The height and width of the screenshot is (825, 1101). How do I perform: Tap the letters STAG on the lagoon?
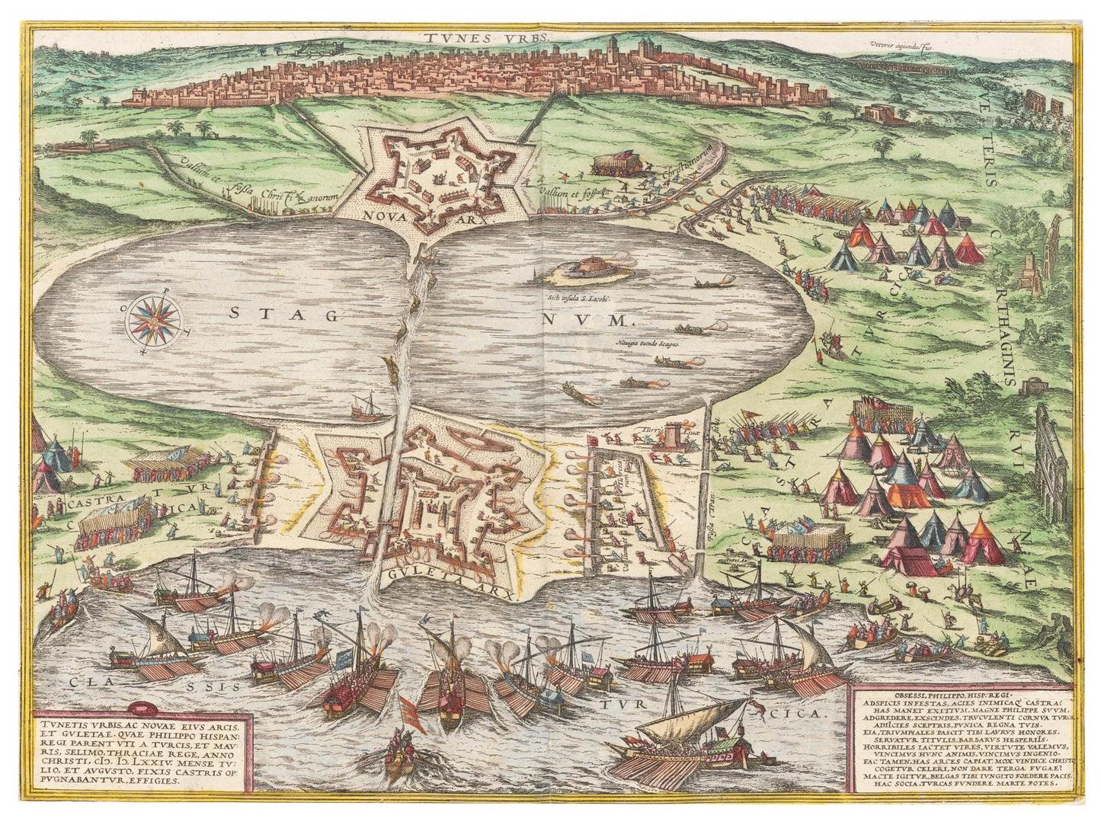point(283,314)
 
